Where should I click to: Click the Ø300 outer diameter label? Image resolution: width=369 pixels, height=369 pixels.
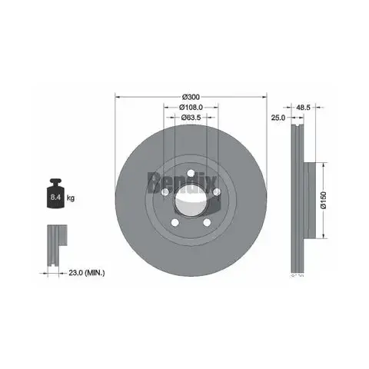pos(191,97)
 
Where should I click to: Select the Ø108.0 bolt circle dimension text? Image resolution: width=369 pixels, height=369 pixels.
pos(191,107)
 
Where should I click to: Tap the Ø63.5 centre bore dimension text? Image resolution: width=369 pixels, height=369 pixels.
pos(191,118)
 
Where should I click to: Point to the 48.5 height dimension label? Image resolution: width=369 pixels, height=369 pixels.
pos(303,108)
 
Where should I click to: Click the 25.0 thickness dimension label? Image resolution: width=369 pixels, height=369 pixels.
pos(278,118)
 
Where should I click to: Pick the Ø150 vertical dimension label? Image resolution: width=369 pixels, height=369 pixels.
pos(324,200)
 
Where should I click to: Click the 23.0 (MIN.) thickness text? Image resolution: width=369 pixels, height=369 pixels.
pos(87,273)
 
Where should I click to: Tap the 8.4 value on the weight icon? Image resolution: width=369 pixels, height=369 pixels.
pos(55,197)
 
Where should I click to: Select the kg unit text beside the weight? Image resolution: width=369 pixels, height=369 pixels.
pos(71,198)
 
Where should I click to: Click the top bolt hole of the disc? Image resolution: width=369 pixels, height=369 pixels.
pos(191,174)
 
